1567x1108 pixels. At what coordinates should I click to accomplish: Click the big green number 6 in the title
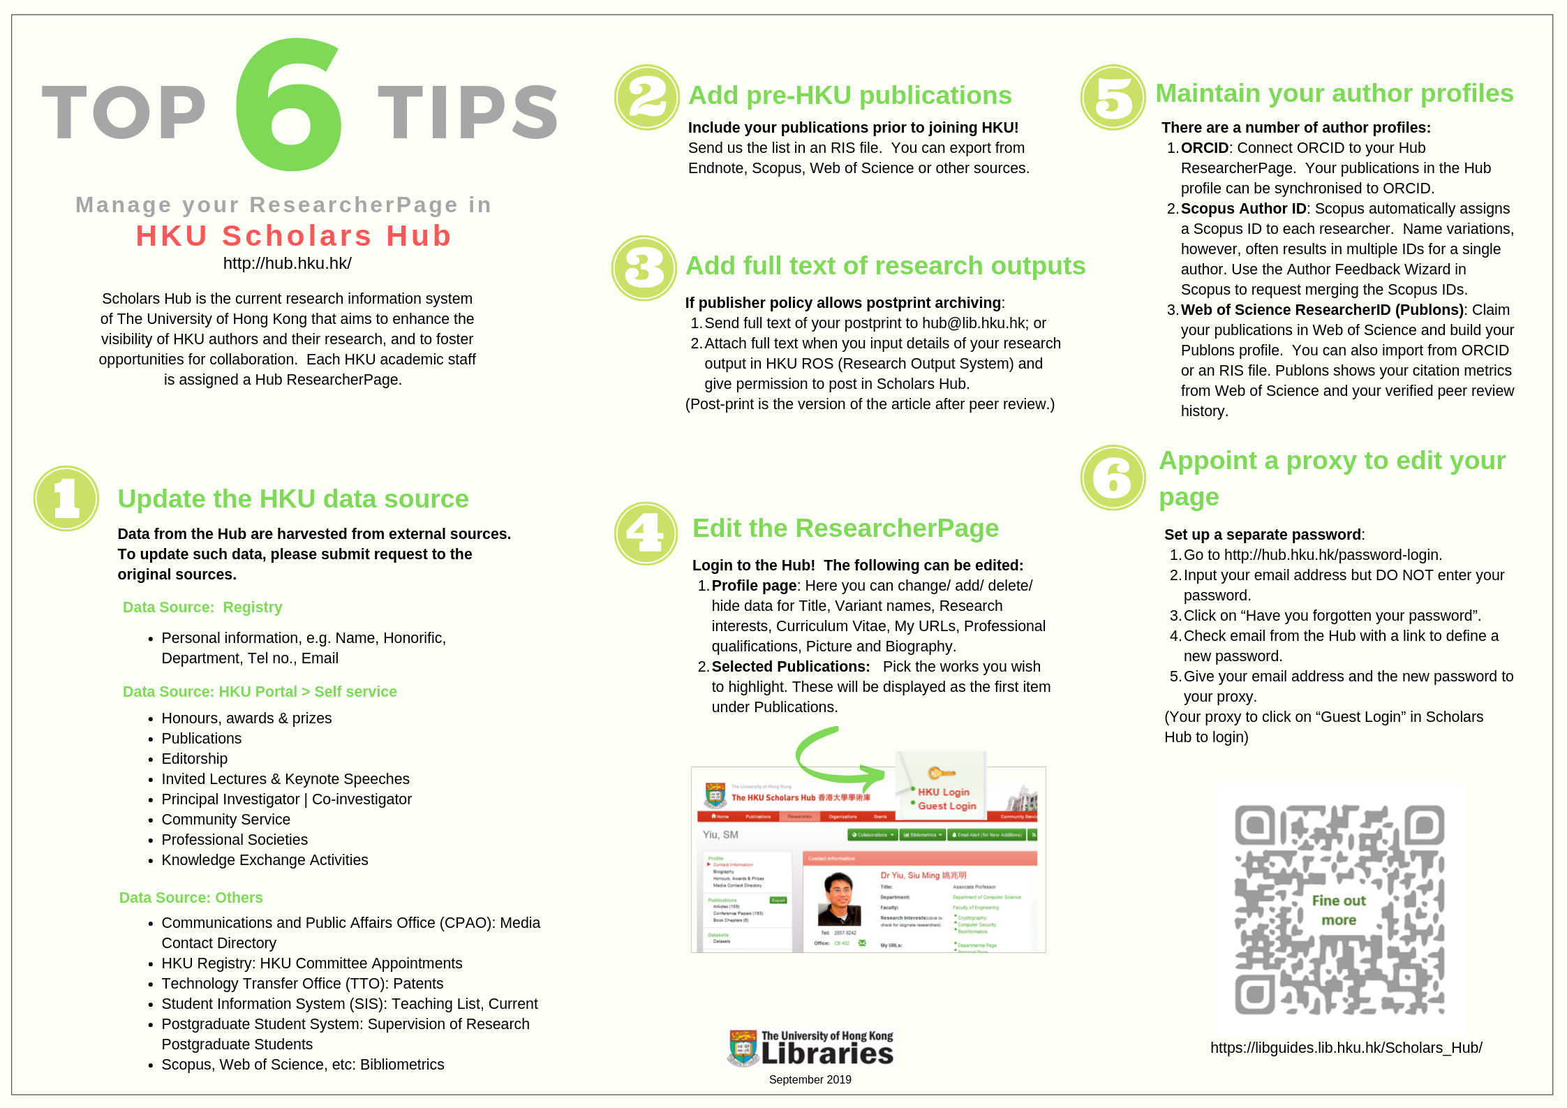(x=288, y=105)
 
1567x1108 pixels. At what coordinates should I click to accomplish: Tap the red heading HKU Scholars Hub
(x=294, y=236)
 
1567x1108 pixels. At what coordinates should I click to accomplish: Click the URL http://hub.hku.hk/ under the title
(x=287, y=263)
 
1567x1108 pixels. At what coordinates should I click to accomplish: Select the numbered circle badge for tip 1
(x=66, y=498)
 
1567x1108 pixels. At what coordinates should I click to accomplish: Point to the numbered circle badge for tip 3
(x=644, y=268)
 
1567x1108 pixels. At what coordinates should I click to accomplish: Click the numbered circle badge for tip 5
(x=1113, y=98)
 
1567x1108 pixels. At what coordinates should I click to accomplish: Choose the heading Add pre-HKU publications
(x=849, y=96)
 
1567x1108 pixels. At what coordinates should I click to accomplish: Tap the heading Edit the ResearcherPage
(x=845, y=529)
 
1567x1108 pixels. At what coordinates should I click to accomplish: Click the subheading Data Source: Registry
(x=202, y=607)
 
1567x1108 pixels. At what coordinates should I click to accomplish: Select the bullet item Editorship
(x=194, y=759)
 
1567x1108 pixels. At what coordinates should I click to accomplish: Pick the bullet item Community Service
(x=225, y=820)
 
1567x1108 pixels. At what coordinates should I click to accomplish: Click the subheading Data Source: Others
(x=191, y=898)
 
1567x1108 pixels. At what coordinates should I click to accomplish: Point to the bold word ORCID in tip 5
(x=1204, y=148)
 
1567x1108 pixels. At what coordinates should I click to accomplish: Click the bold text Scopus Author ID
(x=1243, y=209)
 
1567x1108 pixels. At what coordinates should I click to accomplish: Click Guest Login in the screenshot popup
(x=946, y=806)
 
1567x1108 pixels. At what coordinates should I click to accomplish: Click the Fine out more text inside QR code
(x=1338, y=910)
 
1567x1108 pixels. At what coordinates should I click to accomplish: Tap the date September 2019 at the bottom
(x=810, y=1079)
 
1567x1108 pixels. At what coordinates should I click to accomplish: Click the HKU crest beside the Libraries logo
(x=742, y=1048)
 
